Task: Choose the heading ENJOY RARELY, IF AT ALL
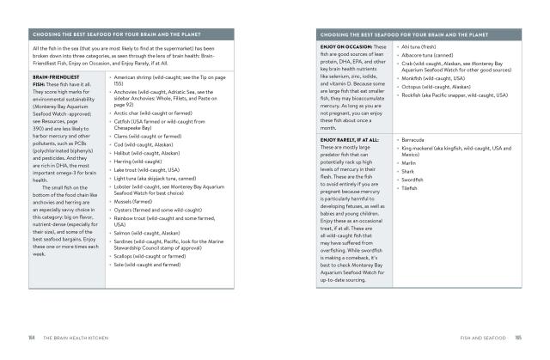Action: tap(351, 139)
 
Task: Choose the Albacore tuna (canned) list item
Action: tap(427, 54)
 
